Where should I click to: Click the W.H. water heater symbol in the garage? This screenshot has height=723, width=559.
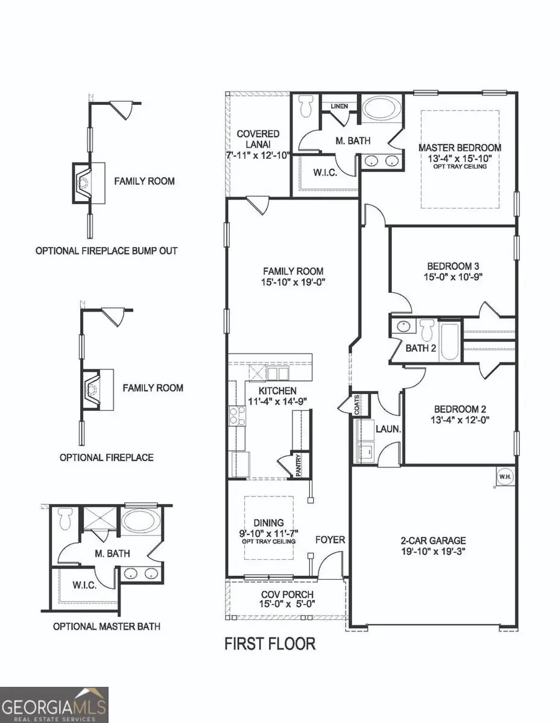tap(504, 476)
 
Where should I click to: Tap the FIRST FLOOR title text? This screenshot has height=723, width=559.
tap(270, 644)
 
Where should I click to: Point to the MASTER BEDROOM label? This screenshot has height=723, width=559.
tap(460, 148)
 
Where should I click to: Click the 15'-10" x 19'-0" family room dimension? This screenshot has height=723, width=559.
tap(293, 282)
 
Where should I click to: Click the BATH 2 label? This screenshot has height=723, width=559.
tap(420, 348)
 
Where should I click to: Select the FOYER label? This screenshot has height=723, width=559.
tap(330, 540)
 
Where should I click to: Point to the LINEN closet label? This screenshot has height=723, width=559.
tap(339, 106)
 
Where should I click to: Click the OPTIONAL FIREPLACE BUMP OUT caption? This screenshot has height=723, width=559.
tap(106, 251)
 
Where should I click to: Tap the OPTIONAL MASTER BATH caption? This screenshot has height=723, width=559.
tap(106, 626)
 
